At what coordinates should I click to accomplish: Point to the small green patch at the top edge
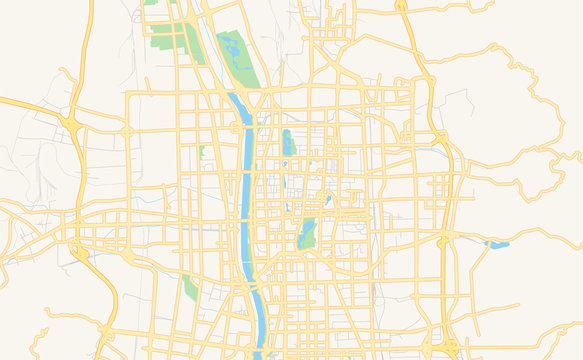[151, 3]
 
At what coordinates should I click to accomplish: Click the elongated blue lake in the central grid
[288, 143]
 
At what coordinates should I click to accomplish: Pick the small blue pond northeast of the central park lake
[327, 200]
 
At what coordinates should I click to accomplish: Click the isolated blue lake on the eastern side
[497, 243]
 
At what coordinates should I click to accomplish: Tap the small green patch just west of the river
[201, 152]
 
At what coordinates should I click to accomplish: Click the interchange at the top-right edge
[401, 6]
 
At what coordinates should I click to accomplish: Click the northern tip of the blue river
[233, 96]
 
